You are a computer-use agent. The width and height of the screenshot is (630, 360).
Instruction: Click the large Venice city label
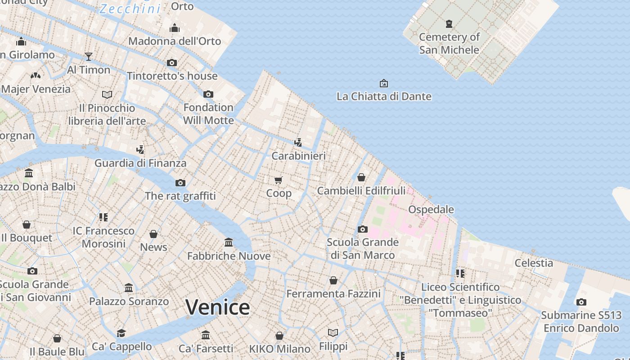tap(217, 307)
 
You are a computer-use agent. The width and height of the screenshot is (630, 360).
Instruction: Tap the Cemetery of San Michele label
tap(449, 43)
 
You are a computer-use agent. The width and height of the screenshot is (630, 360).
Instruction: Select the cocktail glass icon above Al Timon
tap(89, 56)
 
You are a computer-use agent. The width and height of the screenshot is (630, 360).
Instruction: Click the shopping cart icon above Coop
tap(279, 180)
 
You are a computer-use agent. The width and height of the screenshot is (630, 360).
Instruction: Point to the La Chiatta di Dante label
tap(384, 96)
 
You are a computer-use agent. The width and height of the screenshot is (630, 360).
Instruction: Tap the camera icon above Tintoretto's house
tap(172, 63)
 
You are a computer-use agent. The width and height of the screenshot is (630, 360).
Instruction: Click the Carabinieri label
tap(298, 156)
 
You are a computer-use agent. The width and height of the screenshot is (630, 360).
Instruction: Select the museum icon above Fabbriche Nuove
tap(229, 243)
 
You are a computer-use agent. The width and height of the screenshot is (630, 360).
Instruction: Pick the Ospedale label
tap(431, 210)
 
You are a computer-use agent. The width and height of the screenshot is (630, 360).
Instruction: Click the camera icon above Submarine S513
tap(581, 302)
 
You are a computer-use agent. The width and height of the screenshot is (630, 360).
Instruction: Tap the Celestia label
tap(534, 263)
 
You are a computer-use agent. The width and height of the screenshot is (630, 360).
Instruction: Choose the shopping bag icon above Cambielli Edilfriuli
tap(361, 177)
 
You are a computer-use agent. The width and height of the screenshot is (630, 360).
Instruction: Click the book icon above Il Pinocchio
tap(107, 94)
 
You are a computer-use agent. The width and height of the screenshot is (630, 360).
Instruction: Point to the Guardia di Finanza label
tap(140, 163)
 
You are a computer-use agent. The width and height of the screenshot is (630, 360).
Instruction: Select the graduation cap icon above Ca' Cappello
tap(121, 333)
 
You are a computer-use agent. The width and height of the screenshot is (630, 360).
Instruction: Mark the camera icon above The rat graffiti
tap(180, 183)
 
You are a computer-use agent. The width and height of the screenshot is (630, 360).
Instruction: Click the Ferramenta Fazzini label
tap(333, 294)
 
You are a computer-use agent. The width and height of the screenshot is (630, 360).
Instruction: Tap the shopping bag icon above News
tap(153, 234)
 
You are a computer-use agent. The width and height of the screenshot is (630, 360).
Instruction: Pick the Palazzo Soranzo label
tap(129, 301)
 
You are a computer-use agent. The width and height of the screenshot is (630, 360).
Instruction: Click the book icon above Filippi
tap(333, 333)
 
